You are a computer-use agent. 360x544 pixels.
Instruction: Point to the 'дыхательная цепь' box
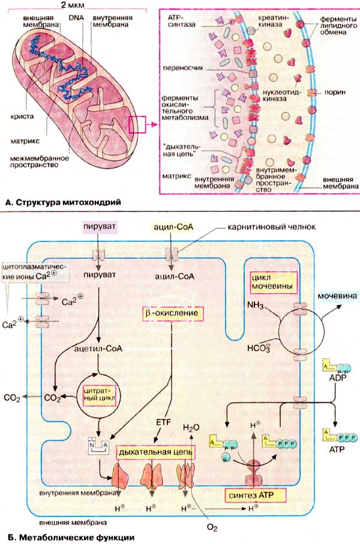pyautogui.click(x=155, y=450)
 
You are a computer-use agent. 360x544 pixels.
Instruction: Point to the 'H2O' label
pyautogui.click(x=191, y=428)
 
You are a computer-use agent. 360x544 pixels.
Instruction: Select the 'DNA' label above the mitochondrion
pyautogui.click(x=76, y=18)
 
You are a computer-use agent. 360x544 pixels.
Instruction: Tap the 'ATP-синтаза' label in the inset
pyautogui.click(x=179, y=24)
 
